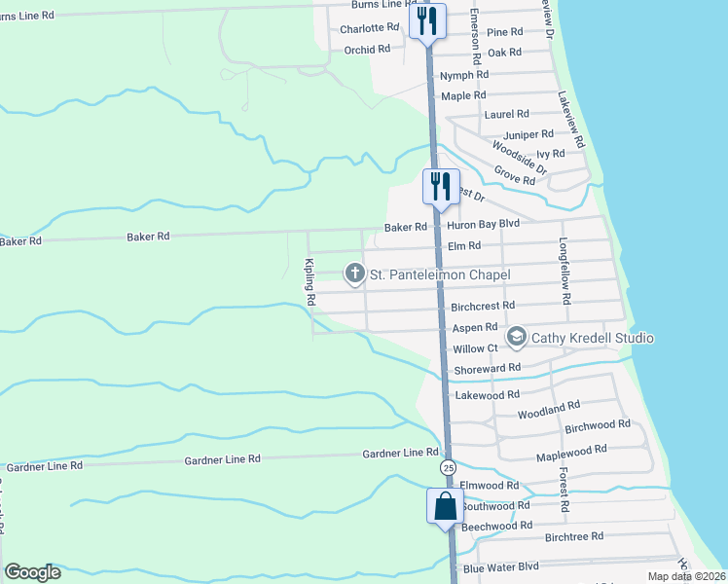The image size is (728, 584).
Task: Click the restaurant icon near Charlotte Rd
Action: tap(427, 19)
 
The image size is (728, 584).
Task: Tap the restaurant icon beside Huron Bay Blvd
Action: tap(440, 185)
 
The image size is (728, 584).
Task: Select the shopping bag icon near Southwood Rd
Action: tap(445, 506)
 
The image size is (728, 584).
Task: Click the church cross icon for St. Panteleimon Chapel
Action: tap(355, 275)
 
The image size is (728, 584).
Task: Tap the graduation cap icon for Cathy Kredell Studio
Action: tap(516, 338)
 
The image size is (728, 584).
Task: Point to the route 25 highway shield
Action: tap(447, 468)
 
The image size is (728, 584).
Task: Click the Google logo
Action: tap(32, 572)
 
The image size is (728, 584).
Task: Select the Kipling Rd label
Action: tap(309, 283)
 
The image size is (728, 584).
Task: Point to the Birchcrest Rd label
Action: tap(483, 306)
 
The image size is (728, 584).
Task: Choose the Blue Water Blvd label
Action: tap(501, 567)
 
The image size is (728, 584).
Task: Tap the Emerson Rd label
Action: tap(475, 37)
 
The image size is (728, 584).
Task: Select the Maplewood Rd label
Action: tap(571, 451)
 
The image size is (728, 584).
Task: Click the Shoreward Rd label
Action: tap(488, 368)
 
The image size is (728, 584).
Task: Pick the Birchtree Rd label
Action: tap(574, 536)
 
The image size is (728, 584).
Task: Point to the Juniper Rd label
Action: tap(528, 134)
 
